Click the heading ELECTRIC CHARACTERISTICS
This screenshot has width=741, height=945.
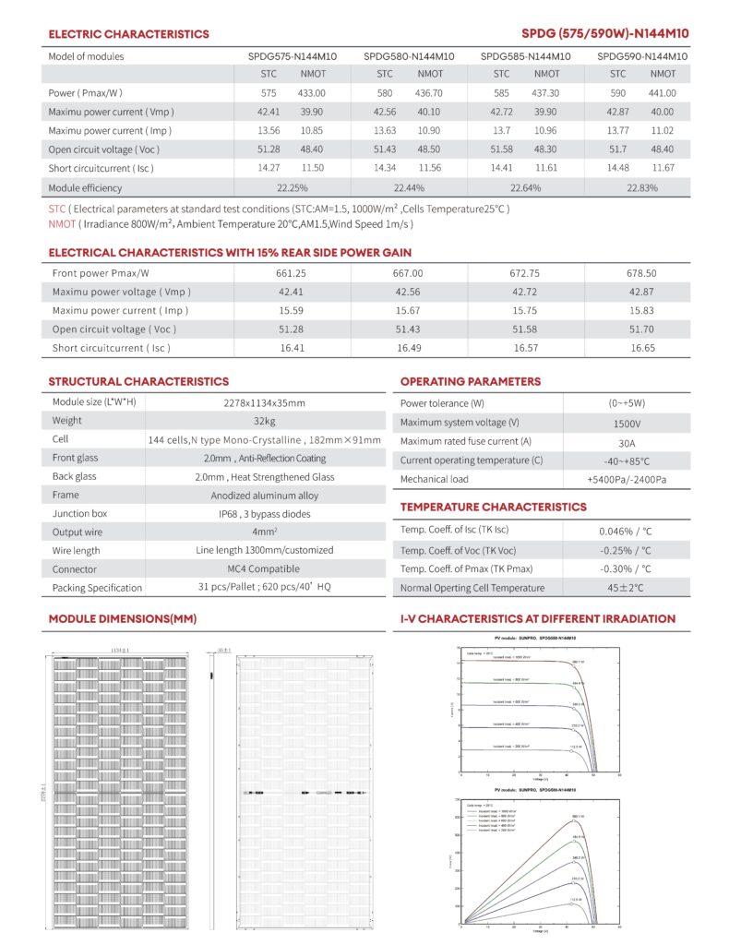[x=128, y=34]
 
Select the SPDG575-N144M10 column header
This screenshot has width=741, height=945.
[x=292, y=56]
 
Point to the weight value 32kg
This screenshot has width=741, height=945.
[x=264, y=421]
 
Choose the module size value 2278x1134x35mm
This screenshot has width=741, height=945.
[x=264, y=402]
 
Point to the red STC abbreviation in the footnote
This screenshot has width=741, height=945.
[x=57, y=209]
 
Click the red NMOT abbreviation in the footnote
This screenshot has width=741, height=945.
[x=62, y=223]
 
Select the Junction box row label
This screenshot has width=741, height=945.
[x=79, y=514]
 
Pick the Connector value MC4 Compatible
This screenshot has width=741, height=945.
[x=264, y=569]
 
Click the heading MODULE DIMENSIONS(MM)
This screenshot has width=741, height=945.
[x=123, y=618]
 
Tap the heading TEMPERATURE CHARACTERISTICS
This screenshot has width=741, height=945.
[x=493, y=507]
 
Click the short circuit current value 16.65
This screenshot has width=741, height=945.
[x=643, y=348]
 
